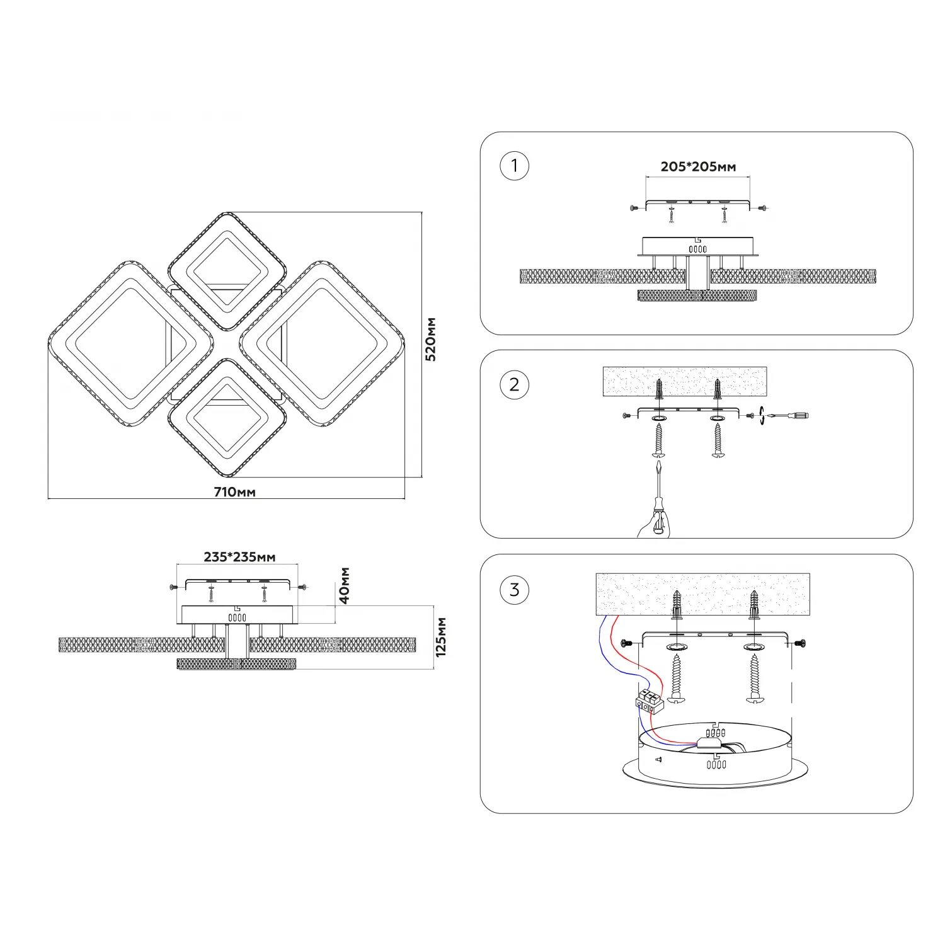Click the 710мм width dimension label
[235, 492]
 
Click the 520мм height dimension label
[431, 339]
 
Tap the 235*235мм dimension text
[239, 557]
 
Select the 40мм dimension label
[345, 585]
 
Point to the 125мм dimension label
[441, 637]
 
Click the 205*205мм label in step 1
[698, 167]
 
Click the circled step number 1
[514, 166]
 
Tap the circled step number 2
[514, 384]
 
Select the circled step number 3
[514, 590]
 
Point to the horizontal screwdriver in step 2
[787, 416]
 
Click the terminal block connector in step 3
[650, 701]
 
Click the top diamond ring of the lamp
[227, 272]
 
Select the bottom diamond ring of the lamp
[227, 418]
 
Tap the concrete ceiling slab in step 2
[685, 382]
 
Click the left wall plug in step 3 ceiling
[677, 605]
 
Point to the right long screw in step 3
[754, 678]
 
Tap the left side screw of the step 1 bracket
[634, 208]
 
